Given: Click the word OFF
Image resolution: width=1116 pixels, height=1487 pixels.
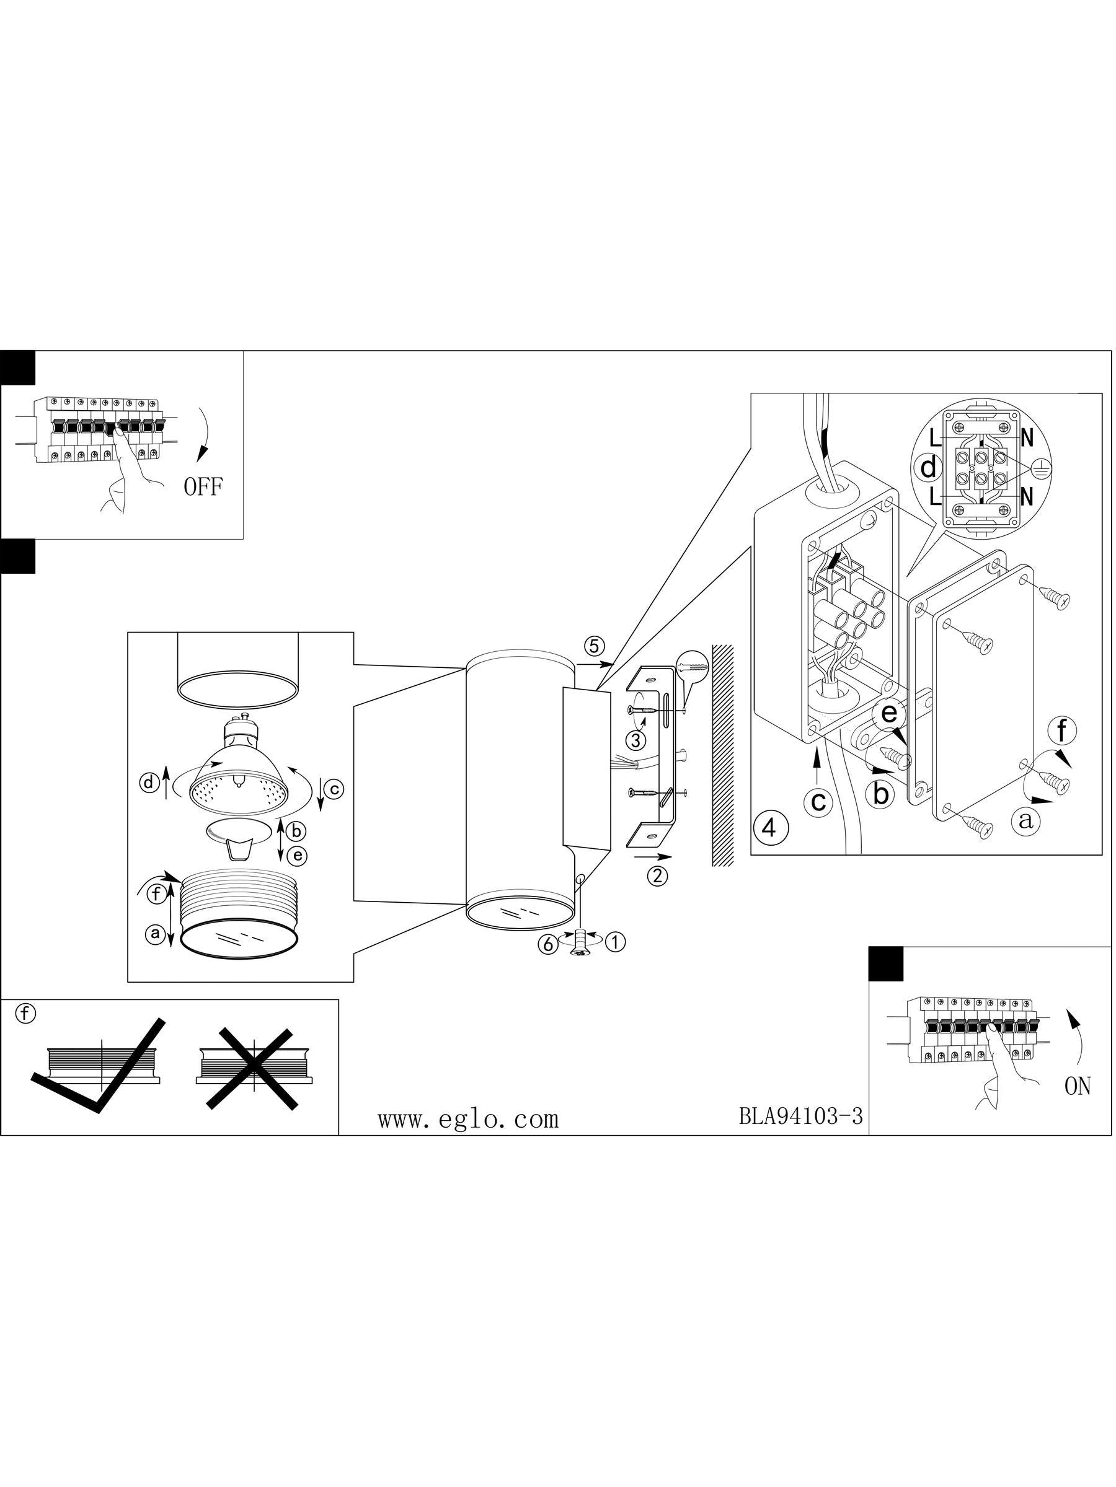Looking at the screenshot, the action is [x=203, y=487].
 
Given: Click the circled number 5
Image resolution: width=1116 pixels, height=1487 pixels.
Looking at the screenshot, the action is [x=594, y=646].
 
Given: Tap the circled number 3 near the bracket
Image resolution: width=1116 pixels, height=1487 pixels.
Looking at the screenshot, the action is [x=635, y=740].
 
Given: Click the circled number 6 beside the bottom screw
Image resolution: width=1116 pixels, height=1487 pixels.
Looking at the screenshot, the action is [x=547, y=944].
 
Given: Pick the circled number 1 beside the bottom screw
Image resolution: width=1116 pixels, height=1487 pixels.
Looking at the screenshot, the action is [x=615, y=942].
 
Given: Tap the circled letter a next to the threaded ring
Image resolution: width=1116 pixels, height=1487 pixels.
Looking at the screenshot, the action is [x=156, y=933].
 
